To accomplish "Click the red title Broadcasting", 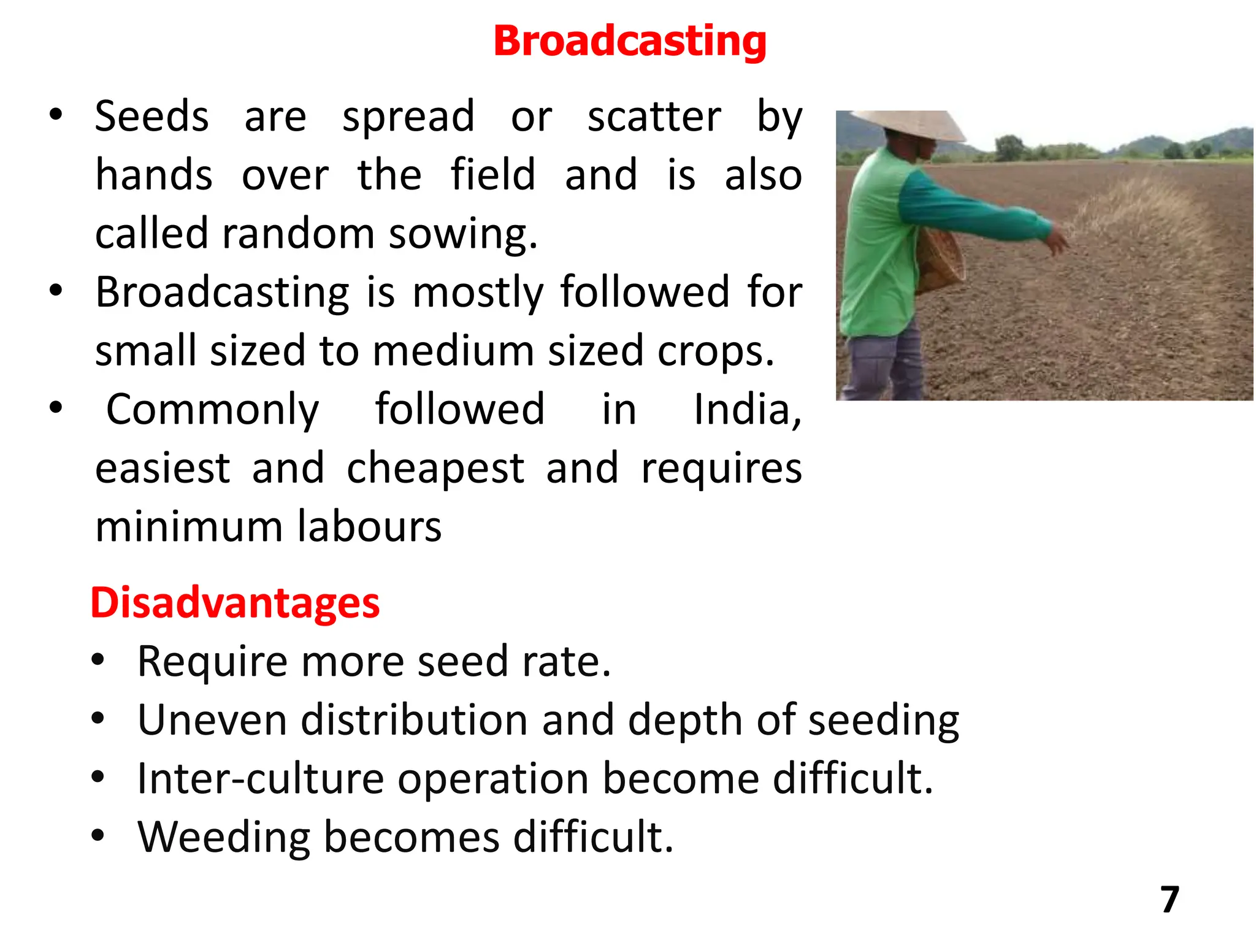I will [630, 42].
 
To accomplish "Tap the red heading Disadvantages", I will [235, 603].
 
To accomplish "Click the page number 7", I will [1170, 900].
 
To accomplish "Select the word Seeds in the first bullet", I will [151, 117].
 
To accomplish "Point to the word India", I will [747, 410].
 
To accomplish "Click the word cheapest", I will [435, 469].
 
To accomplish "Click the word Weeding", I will [224, 837].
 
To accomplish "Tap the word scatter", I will [654, 117].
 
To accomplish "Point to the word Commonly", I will [212, 410].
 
